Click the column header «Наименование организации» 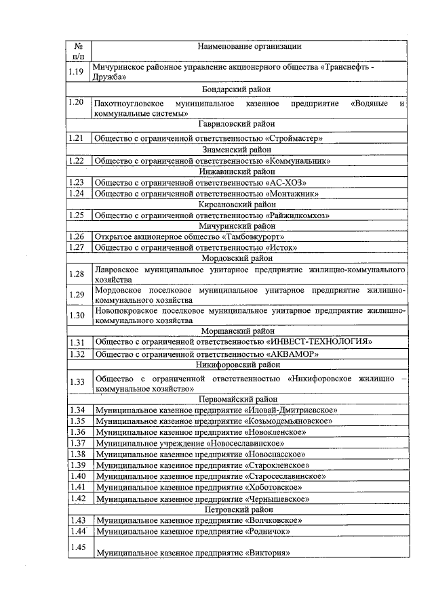(x=249, y=46)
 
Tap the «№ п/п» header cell (x=78, y=51)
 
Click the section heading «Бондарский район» (x=237, y=89)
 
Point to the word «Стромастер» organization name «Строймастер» (x=294, y=138)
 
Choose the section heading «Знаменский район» (x=237, y=149)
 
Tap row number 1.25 (x=76, y=215)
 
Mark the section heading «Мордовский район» (x=237, y=258)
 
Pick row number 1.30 (x=76, y=315)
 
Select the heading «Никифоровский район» (x=237, y=364)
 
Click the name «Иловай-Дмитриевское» (x=291, y=410)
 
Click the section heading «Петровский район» (x=237, y=509)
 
